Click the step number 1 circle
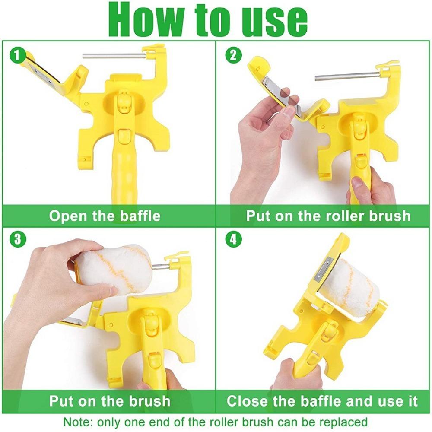coord(17,55)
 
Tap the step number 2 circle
coord(233,55)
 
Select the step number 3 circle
coord(17,239)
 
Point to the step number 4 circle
coord(233,239)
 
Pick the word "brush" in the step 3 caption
coord(147,400)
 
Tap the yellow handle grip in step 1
coord(122,173)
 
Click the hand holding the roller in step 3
coord(48,276)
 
